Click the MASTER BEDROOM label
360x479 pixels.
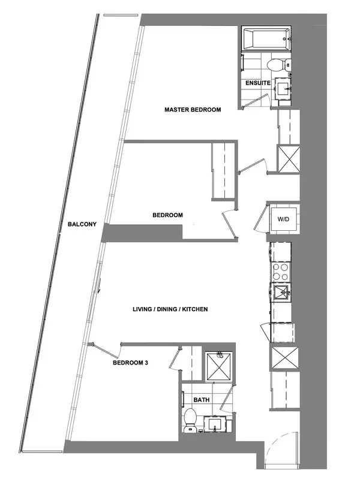tap(193, 110)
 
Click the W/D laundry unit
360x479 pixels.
tap(283, 219)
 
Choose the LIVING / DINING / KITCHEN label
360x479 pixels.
tap(170, 309)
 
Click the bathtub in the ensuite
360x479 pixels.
tap(266, 40)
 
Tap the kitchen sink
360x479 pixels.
tap(280, 294)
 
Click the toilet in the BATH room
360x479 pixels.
tap(191, 419)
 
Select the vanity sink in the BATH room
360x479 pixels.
tap(217, 424)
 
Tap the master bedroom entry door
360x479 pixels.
tap(253, 165)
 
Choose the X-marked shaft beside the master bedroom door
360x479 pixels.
tap(287, 158)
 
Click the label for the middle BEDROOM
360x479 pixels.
tap(167, 215)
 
